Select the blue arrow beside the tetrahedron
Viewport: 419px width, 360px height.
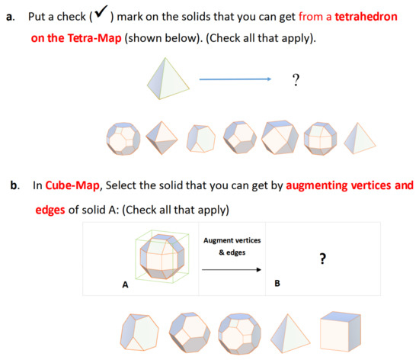tap(235, 79)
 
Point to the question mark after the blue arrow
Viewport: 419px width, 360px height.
tap(294, 79)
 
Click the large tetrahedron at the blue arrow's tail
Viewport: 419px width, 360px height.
tap(168, 77)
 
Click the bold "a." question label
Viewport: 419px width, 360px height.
tap(9, 16)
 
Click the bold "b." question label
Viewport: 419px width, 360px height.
tap(10, 185)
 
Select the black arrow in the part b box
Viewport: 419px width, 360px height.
tap(232, 268)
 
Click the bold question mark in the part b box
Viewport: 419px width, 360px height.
tap(323, 259)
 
